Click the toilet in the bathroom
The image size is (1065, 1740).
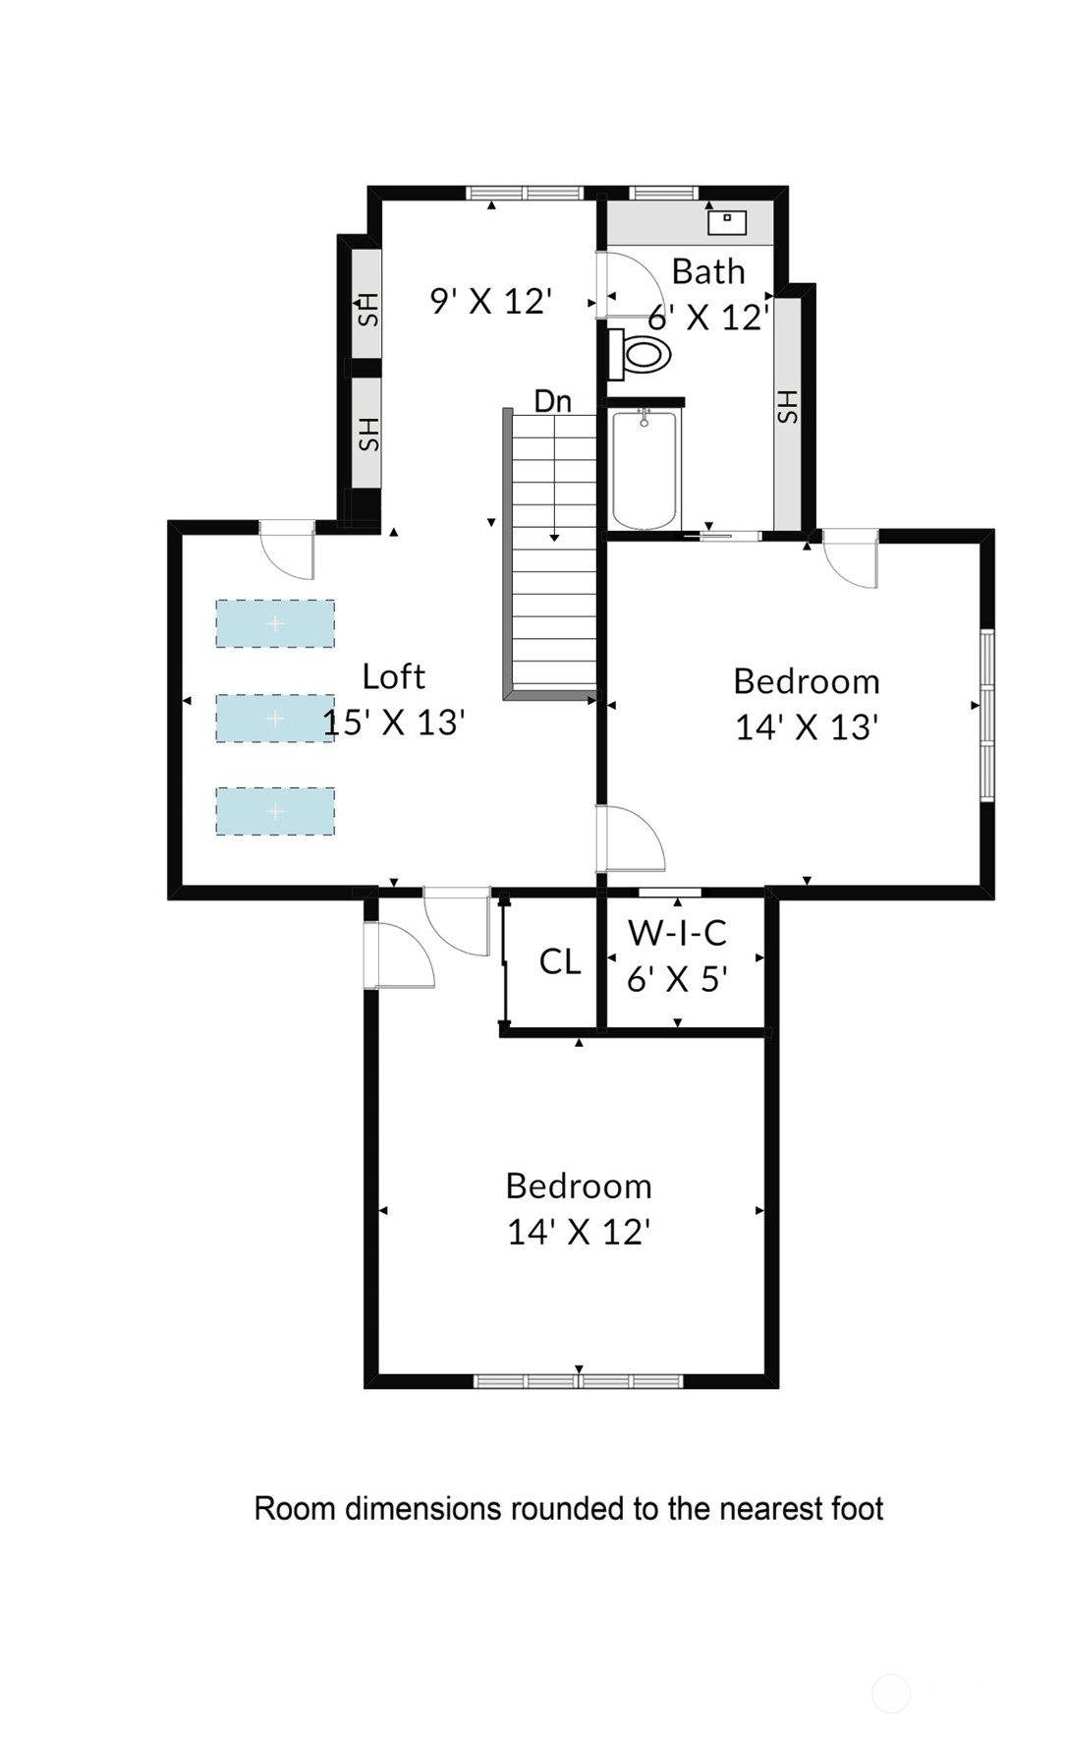(x=640, y=354)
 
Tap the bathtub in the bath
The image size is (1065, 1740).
(x=645, y=471)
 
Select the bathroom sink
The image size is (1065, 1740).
(x=727, y=222)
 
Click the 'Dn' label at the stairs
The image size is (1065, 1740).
(x=553, y=401)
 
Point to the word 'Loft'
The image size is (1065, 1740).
(x=393, y=676)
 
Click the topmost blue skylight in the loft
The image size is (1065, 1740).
(x=275, y=623)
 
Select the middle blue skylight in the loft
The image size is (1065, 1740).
(x=275, y=718)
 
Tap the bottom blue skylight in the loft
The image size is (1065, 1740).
(x=275, y=811)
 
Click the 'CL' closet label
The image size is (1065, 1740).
(x=560, y=961)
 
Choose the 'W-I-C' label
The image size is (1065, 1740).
(x=678, y=932)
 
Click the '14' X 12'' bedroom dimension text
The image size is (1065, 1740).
(x=579, y=1232)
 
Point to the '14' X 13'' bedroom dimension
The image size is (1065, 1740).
(x=807, y=727)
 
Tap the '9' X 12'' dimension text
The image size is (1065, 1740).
(x=491, y=301)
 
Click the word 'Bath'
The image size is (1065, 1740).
(x=708, y=271)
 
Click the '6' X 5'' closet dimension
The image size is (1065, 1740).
(x=677, y=979)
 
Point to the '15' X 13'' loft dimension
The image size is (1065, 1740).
(x=394, y=723)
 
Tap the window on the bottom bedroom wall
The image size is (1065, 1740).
(x=579, y=1381)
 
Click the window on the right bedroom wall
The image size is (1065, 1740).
(x=987, y=716)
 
